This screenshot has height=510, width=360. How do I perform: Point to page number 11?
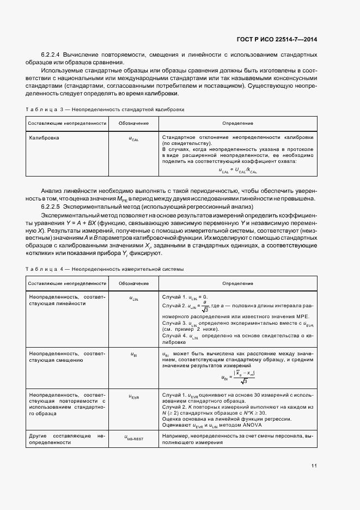pos(314,465)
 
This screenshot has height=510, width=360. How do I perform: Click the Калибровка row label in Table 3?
pos(44,138)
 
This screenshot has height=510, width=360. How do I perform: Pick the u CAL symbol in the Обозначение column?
pos(134,139)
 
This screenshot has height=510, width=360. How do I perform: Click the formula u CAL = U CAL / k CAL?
pos(238,171)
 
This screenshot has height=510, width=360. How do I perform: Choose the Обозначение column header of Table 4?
pos(134,284)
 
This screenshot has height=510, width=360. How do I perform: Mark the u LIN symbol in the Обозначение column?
pos(134,299)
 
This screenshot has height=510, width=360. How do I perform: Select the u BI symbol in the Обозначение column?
pos(134,355)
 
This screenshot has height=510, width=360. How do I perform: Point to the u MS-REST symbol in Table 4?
pos(134,437)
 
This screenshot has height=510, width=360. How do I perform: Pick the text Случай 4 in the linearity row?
pos(175,336)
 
